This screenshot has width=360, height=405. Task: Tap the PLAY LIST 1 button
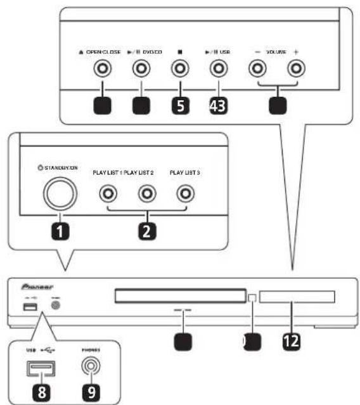tap(112, 193)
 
